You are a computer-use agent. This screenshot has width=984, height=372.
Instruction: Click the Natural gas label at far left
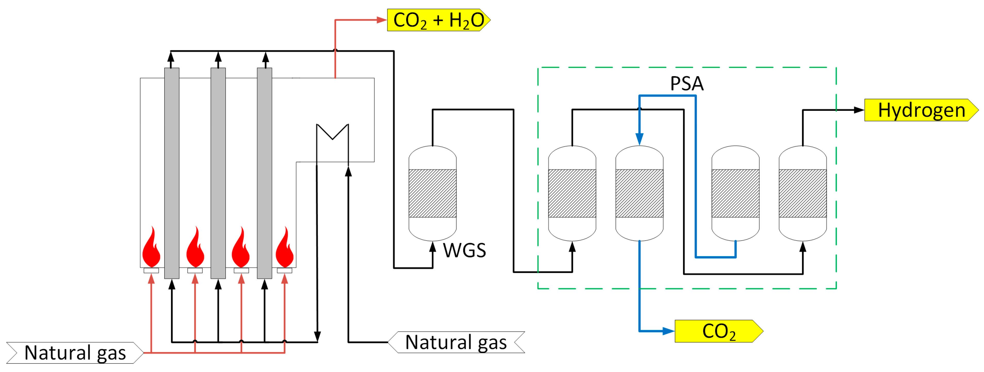(x=75, y=352)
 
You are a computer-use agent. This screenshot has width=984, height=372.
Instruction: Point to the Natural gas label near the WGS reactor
(x=456, y=342)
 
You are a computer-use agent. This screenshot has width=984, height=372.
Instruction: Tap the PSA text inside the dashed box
(x=686, y=83)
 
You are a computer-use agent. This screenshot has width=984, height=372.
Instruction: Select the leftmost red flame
(x=151, y=249)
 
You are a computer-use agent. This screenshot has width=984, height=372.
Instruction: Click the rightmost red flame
(x=285, y=249)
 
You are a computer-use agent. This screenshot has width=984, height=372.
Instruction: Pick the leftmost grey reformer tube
(x=171, y=172)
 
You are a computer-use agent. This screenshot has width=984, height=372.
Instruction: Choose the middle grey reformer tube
(x=218, y=172)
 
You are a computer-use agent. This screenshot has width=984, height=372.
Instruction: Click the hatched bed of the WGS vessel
(x=432, y=193)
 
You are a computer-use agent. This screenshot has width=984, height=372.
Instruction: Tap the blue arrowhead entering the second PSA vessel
(x=639, y=138)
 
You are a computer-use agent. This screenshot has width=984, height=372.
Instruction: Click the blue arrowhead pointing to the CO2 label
(x=668, y=331)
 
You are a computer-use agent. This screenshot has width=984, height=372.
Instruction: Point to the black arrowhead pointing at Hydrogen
(x=858, y=110)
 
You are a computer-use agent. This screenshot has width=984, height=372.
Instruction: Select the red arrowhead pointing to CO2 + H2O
(x=381, y=20)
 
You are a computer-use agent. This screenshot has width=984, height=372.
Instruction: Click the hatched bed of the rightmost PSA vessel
(x=802, y=193)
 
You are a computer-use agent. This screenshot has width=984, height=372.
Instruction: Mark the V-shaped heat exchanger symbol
(x=332, y=132)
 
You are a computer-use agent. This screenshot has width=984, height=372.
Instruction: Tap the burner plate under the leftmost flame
(x=151, y=270)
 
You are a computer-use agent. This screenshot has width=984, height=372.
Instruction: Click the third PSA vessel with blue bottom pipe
(x=735, y=193)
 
